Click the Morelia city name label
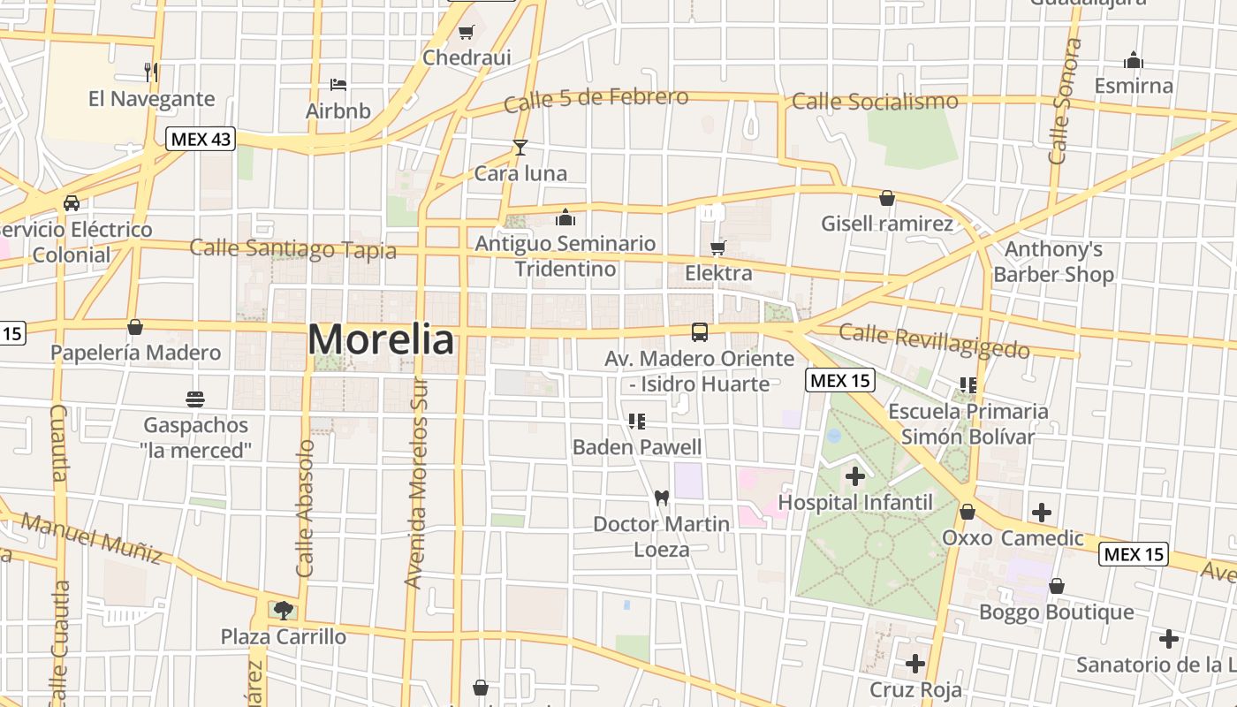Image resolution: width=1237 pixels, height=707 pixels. coord(381,339)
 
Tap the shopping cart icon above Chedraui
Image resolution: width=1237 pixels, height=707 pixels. coord(466,33)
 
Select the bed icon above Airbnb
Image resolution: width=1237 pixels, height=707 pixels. coord(338,85)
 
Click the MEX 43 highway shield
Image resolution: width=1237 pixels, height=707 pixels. coord(201,139)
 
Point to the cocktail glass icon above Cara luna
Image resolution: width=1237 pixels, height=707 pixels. coord(520,148)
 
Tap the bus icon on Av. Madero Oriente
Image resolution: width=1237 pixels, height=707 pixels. coord(700,332)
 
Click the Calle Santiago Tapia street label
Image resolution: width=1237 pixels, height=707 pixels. coord(292,248)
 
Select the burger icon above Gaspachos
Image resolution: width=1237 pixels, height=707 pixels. coord(195,399)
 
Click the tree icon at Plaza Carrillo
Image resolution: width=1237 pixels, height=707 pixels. coord(283,609)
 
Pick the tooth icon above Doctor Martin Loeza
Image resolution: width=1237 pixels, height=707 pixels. coord(661,498)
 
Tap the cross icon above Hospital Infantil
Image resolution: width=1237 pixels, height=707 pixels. coord(854,476)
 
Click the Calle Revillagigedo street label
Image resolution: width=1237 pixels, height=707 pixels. coord(934,341)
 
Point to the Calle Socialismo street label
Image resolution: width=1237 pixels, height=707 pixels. coord(875,102)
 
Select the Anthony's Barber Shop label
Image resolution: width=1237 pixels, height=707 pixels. coord(1053,262)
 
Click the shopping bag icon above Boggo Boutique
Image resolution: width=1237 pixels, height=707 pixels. coord(1056,586)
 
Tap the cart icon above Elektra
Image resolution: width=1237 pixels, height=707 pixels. coord(718,247)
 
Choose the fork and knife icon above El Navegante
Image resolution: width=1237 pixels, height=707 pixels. coord(151,72)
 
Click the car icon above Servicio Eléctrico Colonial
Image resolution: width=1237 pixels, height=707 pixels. coord(72,203)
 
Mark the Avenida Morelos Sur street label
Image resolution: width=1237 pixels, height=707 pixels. coord(414,483)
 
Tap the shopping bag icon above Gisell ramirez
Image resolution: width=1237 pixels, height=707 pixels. coord(887,198)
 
